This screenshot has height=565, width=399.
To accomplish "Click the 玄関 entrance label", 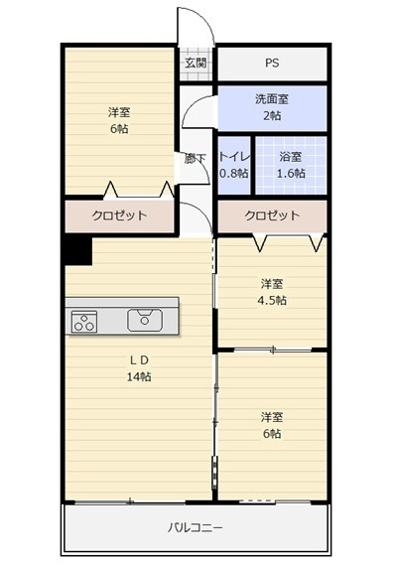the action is [x=196, y=64].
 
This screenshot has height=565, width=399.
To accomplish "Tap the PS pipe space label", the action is [x=272, y=64].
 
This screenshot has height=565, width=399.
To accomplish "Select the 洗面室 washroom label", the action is [x=272, y=99].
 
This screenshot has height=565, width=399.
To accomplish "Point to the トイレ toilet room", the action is [x=234, y=166].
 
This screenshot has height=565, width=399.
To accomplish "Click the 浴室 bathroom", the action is [x=291, y=166].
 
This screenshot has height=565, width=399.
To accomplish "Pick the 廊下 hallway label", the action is [x=196, y=159].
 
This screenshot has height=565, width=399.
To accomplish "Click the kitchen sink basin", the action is [x=145, y=320].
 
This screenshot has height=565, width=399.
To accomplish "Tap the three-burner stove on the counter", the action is [x=84, y=322].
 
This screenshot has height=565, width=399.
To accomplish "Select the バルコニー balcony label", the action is [x=196, y=528].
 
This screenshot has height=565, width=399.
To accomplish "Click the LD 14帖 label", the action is [x=139, y=368].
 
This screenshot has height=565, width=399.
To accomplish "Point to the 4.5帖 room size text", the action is [x=272, y=300].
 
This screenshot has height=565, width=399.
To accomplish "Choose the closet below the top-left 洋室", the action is [x=119, y=215].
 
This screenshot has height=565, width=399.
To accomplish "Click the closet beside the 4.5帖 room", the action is [x=272, y=215].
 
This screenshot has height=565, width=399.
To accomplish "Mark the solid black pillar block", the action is [x=78, y=251].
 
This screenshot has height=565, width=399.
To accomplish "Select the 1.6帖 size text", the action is [x=291, y=174].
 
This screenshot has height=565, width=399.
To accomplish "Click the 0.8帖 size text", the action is [x=234, y=174].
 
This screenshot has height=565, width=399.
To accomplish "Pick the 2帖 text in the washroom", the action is [x=272, y=115].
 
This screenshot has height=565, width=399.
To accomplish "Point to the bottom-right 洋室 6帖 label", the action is [x=272, y=425].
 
